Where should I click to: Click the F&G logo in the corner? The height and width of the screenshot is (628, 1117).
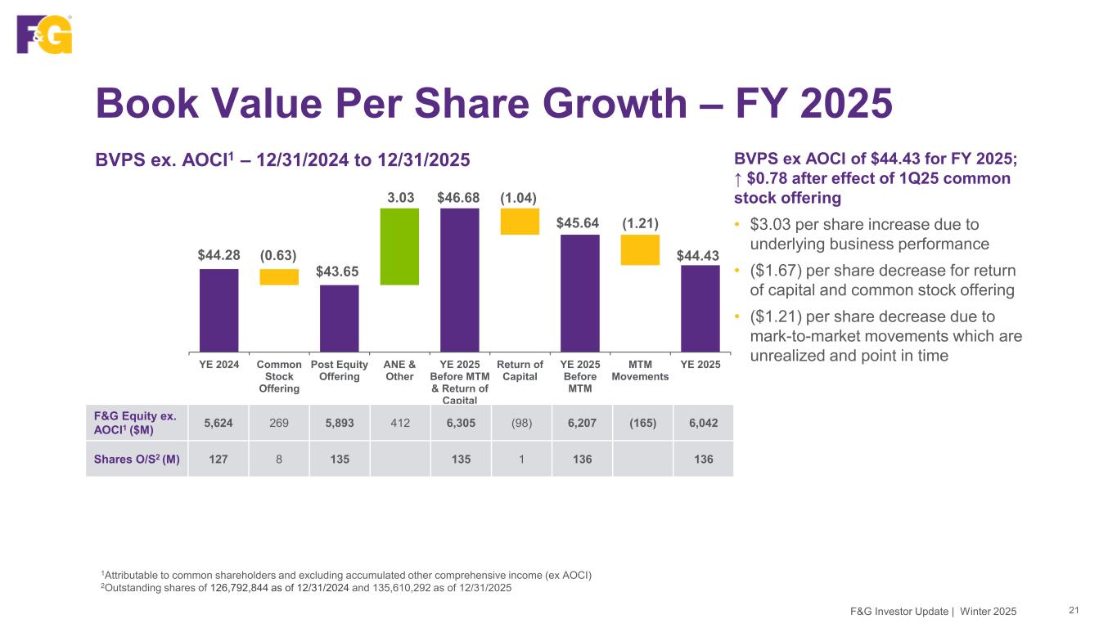[45, 34]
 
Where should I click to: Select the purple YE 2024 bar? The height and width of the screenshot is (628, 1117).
[218, 310]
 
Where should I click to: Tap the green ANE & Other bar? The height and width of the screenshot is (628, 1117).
[399, 246]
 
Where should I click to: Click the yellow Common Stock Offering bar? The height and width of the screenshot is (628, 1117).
[279, 276]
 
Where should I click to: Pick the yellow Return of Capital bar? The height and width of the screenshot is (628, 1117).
[520, 222]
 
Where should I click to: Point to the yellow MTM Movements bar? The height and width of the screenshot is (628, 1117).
[640, 249]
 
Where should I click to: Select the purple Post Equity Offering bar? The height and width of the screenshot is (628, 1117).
[339, 318]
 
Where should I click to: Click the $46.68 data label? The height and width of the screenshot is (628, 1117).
[459, 197]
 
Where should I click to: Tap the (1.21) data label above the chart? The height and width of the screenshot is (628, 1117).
[640, 223]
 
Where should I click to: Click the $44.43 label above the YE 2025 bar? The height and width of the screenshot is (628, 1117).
[700, 255]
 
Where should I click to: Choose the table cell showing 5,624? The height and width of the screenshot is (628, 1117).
[218, 423]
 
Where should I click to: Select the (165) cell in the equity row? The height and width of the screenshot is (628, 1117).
[640, 423]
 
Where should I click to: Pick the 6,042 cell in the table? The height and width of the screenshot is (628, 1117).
[701, 423]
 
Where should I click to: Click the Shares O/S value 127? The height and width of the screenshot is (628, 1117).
[218, 459]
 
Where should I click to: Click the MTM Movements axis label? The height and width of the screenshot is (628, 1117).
[640, 370]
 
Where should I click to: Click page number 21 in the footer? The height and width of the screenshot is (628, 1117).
[1074, 610]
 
